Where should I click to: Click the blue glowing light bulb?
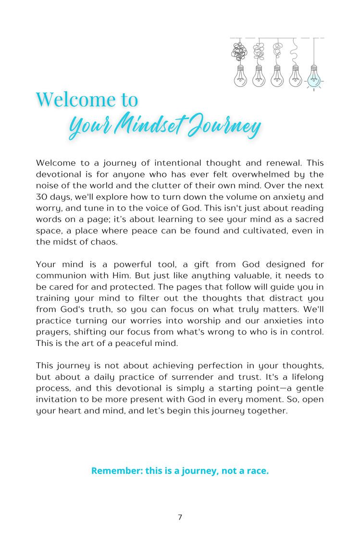click(x=314, y=77)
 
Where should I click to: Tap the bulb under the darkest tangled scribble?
click(x=240, y=76)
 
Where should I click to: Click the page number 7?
click(x=180, y=517)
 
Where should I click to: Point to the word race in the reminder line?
click(x=257, y=470)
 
